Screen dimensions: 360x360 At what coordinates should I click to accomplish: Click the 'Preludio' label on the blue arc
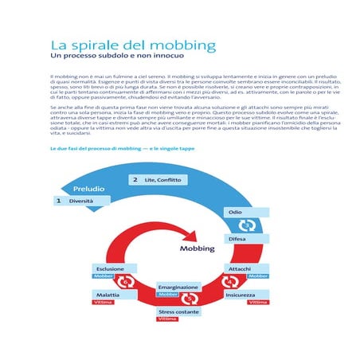89,189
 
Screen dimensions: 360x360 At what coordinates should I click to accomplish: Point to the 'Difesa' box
237,238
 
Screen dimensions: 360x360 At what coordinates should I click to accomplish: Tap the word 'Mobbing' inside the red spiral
198,248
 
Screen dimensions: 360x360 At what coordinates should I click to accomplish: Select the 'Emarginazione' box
178,285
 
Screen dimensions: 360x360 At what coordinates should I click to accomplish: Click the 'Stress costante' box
178,311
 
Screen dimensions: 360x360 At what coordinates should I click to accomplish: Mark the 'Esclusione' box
109,268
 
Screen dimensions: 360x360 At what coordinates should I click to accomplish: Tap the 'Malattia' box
108,295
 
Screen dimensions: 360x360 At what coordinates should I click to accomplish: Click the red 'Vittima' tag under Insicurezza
257,303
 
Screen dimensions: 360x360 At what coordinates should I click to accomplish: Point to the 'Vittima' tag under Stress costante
167,319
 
